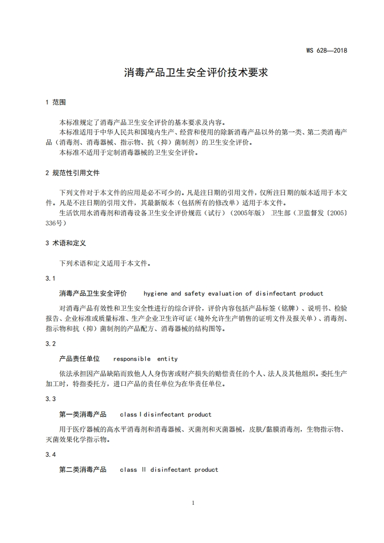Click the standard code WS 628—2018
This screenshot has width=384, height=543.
[327, 50]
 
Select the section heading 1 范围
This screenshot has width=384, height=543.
[55, 102]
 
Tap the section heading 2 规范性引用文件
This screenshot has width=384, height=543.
[72, 173]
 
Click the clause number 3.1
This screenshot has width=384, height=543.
[50, 278]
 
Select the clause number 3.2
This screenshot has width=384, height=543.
[50, 344]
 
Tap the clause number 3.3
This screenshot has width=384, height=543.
[50, 399]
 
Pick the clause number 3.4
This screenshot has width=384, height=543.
[50, 454]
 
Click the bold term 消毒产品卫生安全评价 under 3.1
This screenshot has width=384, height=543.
[93, 293]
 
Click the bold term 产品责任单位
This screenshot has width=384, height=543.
[79, 359]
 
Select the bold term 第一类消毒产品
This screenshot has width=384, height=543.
[83, 414]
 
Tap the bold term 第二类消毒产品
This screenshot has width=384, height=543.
[83, 469]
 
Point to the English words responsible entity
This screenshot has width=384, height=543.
[145, 359]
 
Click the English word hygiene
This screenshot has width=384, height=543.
[155, 294]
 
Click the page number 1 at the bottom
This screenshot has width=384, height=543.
[193, 503]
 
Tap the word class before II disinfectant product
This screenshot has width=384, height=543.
[128, 470]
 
